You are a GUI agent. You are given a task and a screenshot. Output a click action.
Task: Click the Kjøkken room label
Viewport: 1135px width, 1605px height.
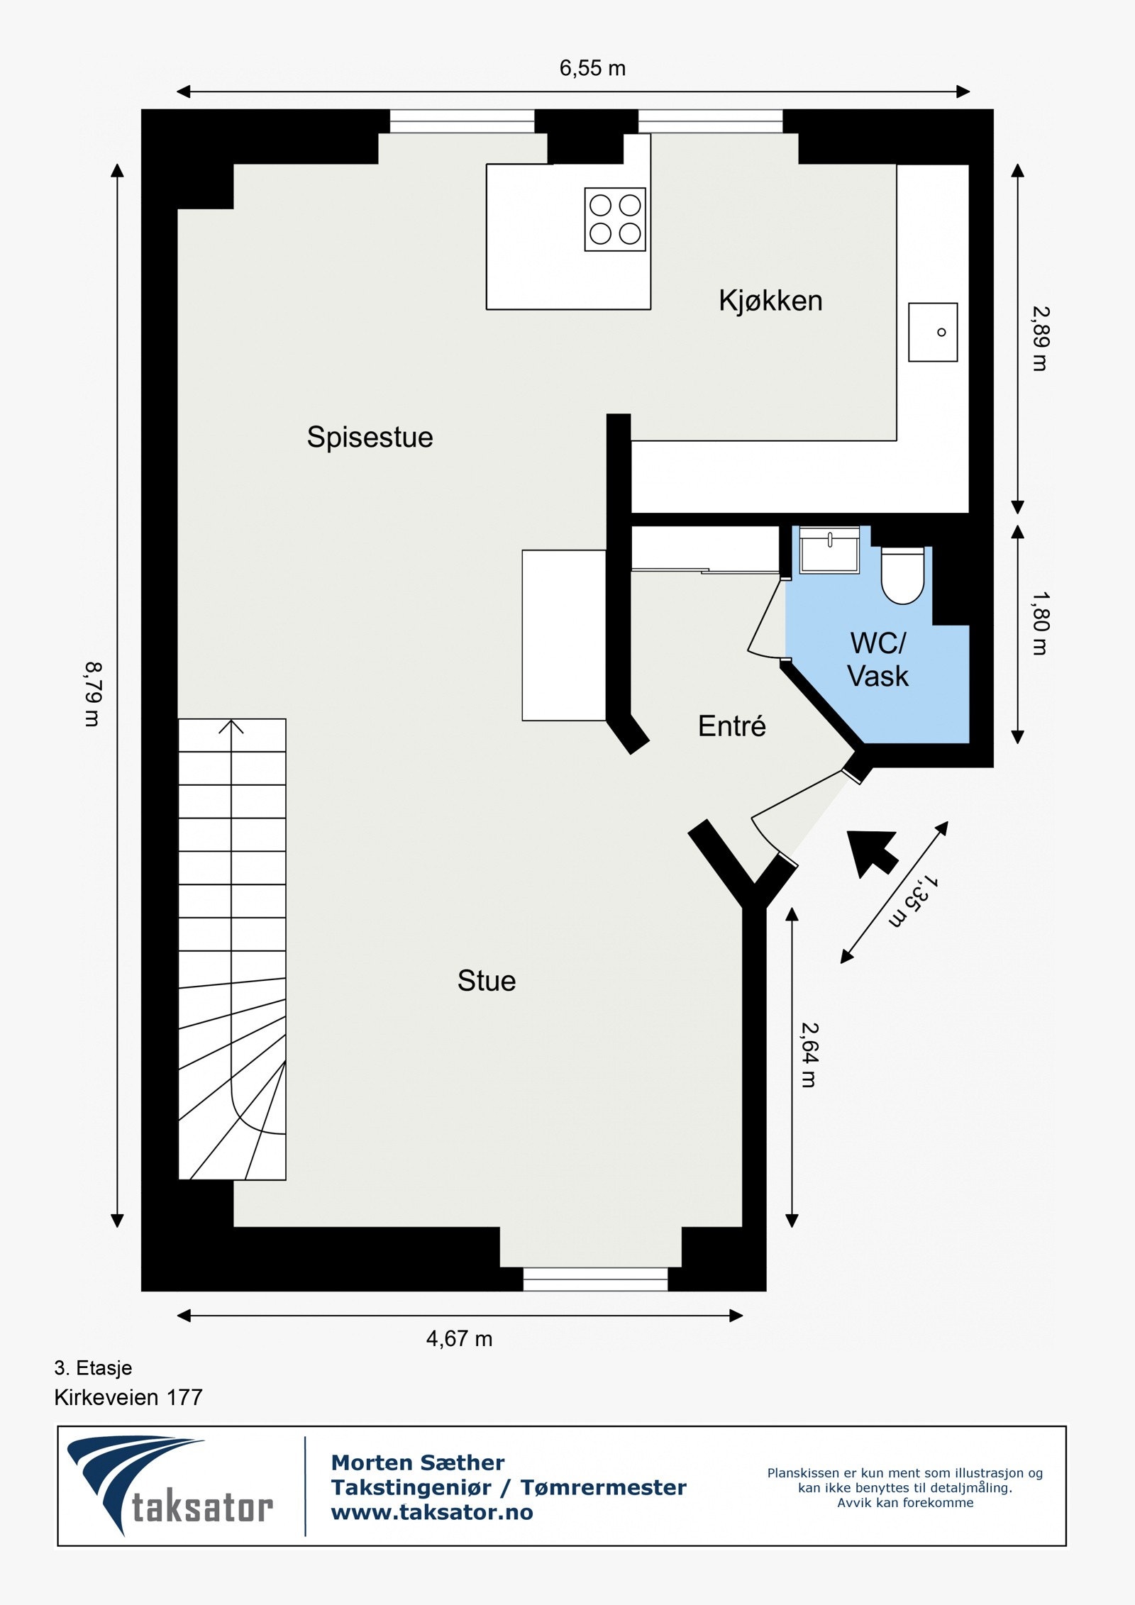click(x=770, y=301)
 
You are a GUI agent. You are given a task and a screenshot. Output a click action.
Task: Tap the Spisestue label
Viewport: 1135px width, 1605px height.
click(x=370, y=437)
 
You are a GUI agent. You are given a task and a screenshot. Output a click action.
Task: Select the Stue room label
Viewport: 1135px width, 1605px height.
click(x=487, y=981)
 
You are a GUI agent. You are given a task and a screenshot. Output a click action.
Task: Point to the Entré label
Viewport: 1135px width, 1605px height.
click(x=731, y=726)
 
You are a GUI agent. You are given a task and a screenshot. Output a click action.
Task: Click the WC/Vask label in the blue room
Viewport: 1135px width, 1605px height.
click(x=877, y=660)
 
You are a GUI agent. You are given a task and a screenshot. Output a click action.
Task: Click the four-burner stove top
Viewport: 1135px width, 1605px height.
click(x=615, y=219)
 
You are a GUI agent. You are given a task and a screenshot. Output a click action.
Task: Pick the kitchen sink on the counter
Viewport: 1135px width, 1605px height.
click(x=933, y=332)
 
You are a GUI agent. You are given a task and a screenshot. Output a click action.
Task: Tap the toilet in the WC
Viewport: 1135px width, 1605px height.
click(x=902, y=576)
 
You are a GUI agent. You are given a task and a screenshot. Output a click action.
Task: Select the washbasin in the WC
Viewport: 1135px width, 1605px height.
click(x=829, y=550)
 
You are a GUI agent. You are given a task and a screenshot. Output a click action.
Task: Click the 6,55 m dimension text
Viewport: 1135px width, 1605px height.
click(x=592, y=68)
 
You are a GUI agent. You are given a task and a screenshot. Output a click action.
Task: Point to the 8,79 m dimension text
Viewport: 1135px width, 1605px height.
click(x=94, y=694)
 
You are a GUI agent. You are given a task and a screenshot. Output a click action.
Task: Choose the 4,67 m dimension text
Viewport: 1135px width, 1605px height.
click(x=459, y=1339)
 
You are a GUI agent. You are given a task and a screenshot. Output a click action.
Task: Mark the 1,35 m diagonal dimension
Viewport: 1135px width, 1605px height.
click(x=913, y=901)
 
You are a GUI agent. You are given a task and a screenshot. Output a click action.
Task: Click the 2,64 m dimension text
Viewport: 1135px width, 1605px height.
click(x=809, y=1055)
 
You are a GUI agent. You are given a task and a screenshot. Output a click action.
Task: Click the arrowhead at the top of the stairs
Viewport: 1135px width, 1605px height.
click(x=231, y=726)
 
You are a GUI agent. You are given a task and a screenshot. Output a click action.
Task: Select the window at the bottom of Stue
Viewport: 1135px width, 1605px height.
click(x=595, y=1279)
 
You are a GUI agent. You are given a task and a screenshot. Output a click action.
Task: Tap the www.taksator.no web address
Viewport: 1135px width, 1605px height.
click(x=432, y=1512)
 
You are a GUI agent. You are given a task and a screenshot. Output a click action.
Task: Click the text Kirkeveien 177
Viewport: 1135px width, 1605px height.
click(x=128, y=1397)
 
